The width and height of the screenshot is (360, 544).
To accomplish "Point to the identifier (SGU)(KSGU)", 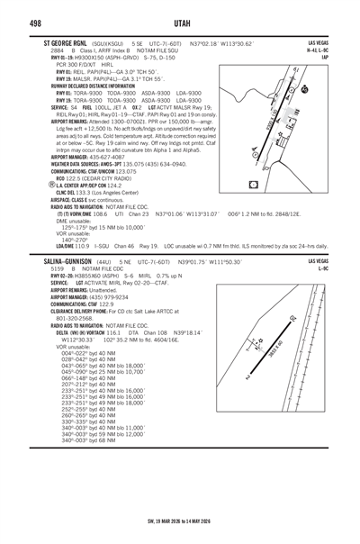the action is click(107, 43).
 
